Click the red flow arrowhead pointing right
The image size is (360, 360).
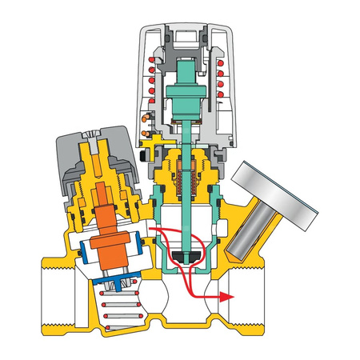(x=227, y=296)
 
